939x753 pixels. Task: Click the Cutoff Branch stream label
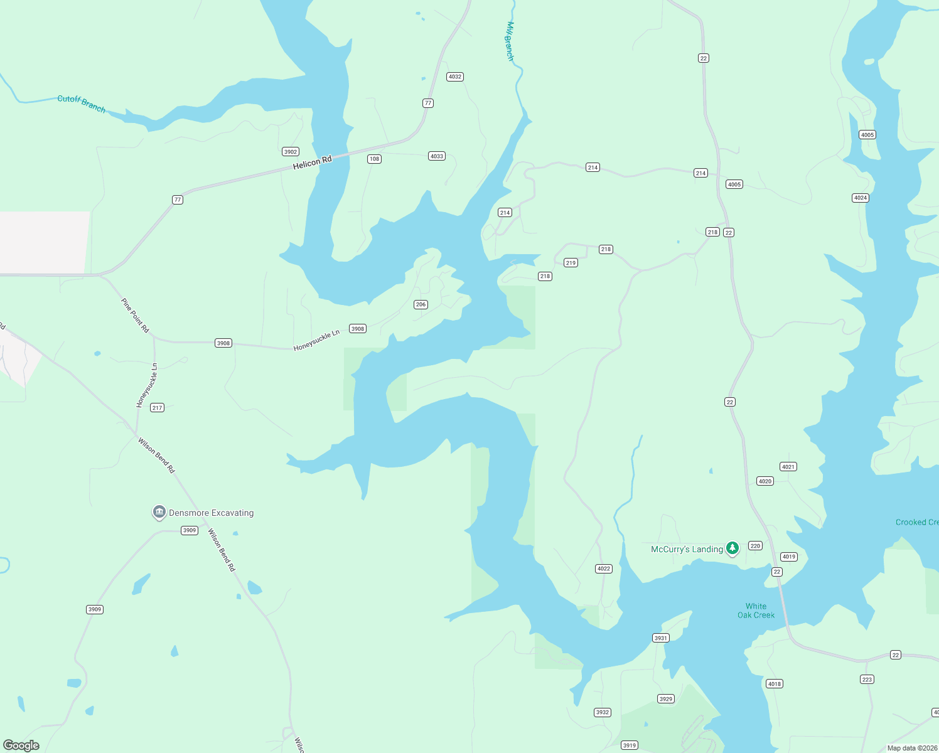point(82,103)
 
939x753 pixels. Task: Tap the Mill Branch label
point(510,41)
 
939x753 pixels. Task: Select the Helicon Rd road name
point(312,163)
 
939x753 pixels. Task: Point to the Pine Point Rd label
point(136,315)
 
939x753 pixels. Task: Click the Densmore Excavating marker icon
point(159,512)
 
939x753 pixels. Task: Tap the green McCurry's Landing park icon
point(732,548)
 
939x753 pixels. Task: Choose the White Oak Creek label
point(756,611)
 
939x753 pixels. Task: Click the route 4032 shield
point(455,77)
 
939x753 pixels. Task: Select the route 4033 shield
point(437,156)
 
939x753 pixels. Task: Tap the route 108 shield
point(375,159)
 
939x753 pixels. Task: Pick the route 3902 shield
point(291,152)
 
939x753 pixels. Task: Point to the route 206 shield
point(421,304)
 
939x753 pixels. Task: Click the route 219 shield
point(571,263)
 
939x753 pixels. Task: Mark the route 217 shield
point(157,408)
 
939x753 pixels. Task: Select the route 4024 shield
point(861,198)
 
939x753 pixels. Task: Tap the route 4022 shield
point(604,569)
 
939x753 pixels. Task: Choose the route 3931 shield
point(661,638)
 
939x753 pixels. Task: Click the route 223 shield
point(867,680)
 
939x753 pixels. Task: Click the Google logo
point(21,745)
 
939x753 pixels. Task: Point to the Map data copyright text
point(912,748)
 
